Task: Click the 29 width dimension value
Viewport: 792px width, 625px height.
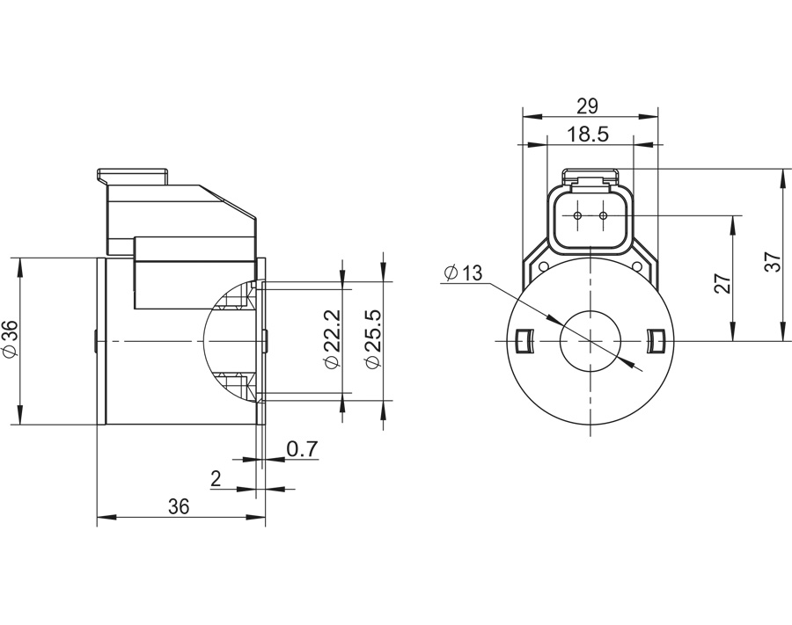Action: pos(587,106)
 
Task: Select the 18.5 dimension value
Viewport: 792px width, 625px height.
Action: pos(588,134)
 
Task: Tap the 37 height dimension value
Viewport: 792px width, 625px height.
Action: pos(773,262)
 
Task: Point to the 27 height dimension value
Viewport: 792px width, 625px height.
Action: pos(723,284)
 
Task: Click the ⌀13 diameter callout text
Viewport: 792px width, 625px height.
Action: pos(463,273)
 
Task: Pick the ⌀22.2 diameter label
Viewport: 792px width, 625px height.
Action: pos(333,338)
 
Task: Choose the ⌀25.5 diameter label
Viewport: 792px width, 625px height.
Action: pos(373,338)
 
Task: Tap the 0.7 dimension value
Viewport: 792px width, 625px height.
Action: pos(302,448)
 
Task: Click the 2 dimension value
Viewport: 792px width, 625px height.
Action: pos(216,478)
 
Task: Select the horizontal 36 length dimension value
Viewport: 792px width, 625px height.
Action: pos(179,506)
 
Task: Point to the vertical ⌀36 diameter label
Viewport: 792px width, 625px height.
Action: pos(10,340)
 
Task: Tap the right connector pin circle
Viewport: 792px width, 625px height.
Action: pos(603,216)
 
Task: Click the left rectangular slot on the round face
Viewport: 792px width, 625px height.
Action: pos(524,341)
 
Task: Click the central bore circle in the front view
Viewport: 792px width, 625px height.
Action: pos(590,341)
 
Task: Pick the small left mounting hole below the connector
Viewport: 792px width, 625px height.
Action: pos(544,266)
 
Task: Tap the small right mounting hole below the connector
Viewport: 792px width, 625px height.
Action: pos(636,266)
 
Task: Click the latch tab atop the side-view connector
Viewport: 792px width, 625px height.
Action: pos(132,176)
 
